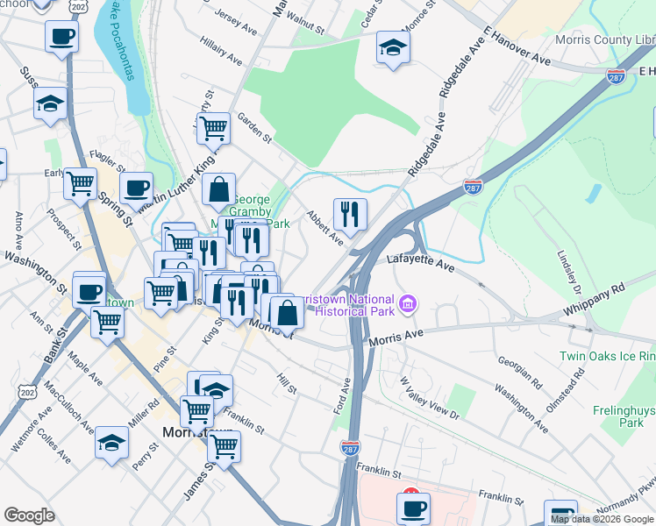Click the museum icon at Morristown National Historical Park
pos(408,304)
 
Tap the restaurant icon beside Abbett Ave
pos(350,213)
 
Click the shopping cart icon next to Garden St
pos(213,128)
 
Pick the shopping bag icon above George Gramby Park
pos(218,188)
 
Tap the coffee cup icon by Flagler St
pos(136,187)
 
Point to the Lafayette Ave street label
pos(422,261)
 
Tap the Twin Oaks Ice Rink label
pos(608,357)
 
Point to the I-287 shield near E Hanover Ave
pos(616,77)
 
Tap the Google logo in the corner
pos(29,515)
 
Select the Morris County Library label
pos(605,40)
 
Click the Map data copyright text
pos(603,519)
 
